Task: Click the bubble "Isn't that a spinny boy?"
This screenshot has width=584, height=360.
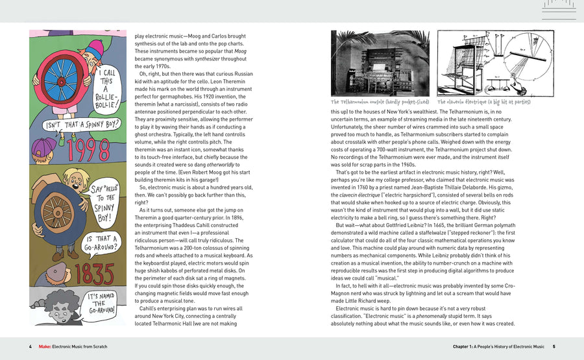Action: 83,124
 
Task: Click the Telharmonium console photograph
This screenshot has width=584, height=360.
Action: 380,63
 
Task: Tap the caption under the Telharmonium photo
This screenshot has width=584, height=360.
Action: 380,102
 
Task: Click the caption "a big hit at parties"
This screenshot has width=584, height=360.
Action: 505,102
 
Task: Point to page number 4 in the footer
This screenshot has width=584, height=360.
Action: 30,346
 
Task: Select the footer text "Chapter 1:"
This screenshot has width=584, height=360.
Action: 467,346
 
